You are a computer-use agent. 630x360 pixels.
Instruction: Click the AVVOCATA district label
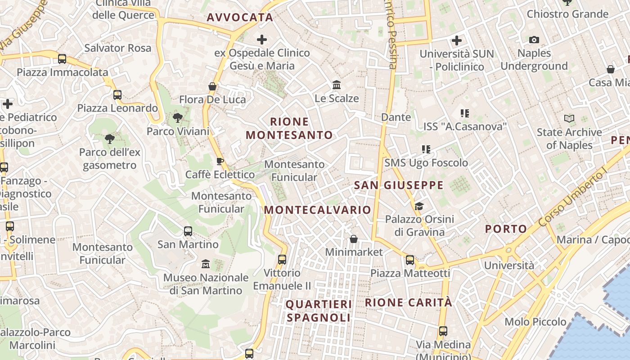coord(240,18)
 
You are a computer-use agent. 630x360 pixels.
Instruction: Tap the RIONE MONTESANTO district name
coord(289,128)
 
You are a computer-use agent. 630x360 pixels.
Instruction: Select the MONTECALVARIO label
coord(317,210)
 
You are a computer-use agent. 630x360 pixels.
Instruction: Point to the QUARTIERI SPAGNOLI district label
coord(319,311)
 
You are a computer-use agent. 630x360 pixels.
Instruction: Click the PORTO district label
coord(506,229)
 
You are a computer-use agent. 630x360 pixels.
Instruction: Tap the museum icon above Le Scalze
coord(336,85)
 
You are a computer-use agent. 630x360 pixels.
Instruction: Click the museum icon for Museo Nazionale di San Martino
coord(206,263)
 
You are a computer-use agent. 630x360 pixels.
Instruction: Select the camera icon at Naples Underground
coord(534,40)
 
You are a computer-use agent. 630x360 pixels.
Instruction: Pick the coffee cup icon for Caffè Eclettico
coord(220,161)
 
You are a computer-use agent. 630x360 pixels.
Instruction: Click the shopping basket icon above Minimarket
coord(354,238)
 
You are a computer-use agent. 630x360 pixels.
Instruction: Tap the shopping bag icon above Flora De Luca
coord(212,86)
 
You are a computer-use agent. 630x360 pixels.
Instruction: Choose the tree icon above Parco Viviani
coord(178,118)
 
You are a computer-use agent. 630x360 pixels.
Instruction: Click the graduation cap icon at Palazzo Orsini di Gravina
coord(419,206)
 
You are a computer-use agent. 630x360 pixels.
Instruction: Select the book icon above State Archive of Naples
coord(569,119)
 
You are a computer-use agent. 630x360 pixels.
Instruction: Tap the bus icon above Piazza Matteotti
coord(410,260)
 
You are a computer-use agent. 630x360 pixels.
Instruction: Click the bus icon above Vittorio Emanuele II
coord(282,259)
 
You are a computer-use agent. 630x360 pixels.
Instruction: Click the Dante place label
coord(396,117)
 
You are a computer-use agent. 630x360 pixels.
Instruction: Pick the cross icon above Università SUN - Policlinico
coord(457,40)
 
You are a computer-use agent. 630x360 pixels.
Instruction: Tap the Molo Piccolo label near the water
coord(535,322)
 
